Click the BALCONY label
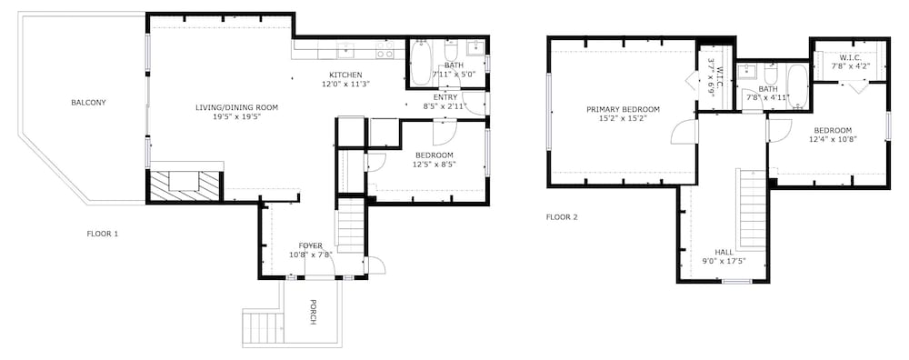(x=88, y=103)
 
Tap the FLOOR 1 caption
(x=103, y=235)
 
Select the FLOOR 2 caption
(x=562, y=218)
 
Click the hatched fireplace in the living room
(x=185, y=186)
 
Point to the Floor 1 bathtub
(x=420, y=63)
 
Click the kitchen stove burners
(x=385, y=50)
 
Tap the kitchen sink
(x=345, y=50)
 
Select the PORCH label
(x=313, y=312)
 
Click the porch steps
(x=263, y=327)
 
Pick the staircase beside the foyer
(x=351, y=225)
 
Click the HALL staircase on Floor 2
(x=752, y=207)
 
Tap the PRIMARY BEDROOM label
(x=623, y=110)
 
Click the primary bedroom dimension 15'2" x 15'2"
(x=623, y=118)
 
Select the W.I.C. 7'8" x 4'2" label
(x=845, y=63)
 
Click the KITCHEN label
(x=345, y=75)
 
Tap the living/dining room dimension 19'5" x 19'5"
(x=236, y=116)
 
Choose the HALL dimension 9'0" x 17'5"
(x=724, y=261)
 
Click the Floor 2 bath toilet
(x=771, y=75)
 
